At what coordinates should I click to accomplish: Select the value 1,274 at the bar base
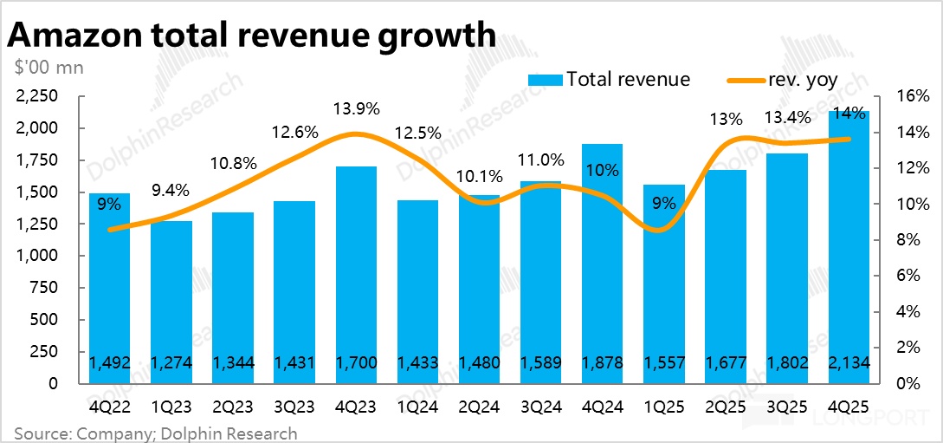pos(171,362)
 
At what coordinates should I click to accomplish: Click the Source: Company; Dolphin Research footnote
pos(156,433)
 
